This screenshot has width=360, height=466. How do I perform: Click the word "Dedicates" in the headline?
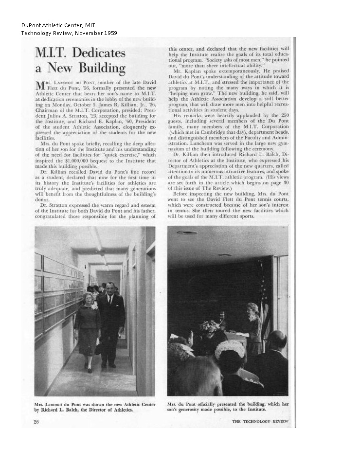click(x=97, y=52)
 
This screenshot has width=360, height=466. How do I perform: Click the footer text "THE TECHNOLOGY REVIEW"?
click(x=260, y=421)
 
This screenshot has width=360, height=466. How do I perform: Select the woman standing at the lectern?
click(x=253, y=323)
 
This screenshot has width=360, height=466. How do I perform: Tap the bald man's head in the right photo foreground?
click(x=277, y=341)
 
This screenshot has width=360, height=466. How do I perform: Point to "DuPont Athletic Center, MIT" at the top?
click(x=58, y=25)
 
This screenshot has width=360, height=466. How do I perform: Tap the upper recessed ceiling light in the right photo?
click(x=187, y=233)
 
